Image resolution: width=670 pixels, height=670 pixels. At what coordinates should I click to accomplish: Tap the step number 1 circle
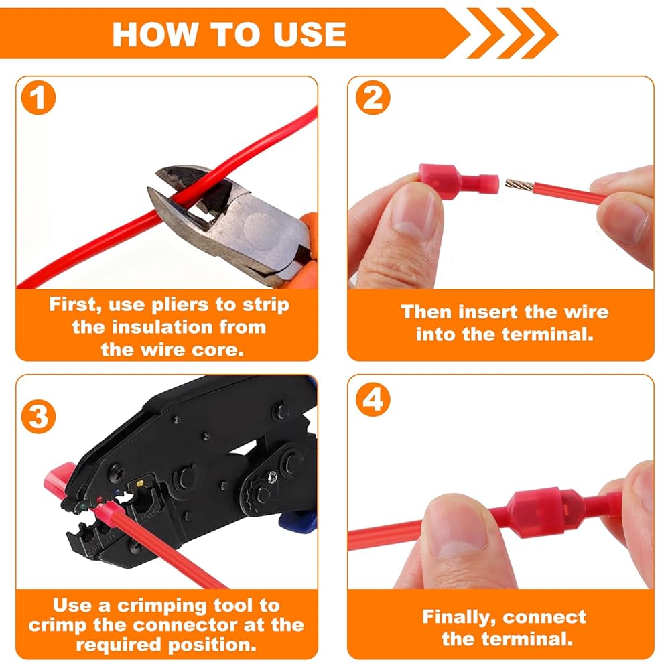tap(38, 97)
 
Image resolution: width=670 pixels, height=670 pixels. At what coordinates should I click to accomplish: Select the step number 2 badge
tap(373, 97)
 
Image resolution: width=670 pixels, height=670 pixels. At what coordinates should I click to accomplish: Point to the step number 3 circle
tap(38, 417)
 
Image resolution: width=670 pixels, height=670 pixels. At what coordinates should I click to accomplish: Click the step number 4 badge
tap(373, 399)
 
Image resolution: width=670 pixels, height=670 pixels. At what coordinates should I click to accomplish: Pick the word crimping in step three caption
tap(163, 606)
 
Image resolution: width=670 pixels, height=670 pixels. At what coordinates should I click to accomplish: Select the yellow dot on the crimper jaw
tap(140, 484)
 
